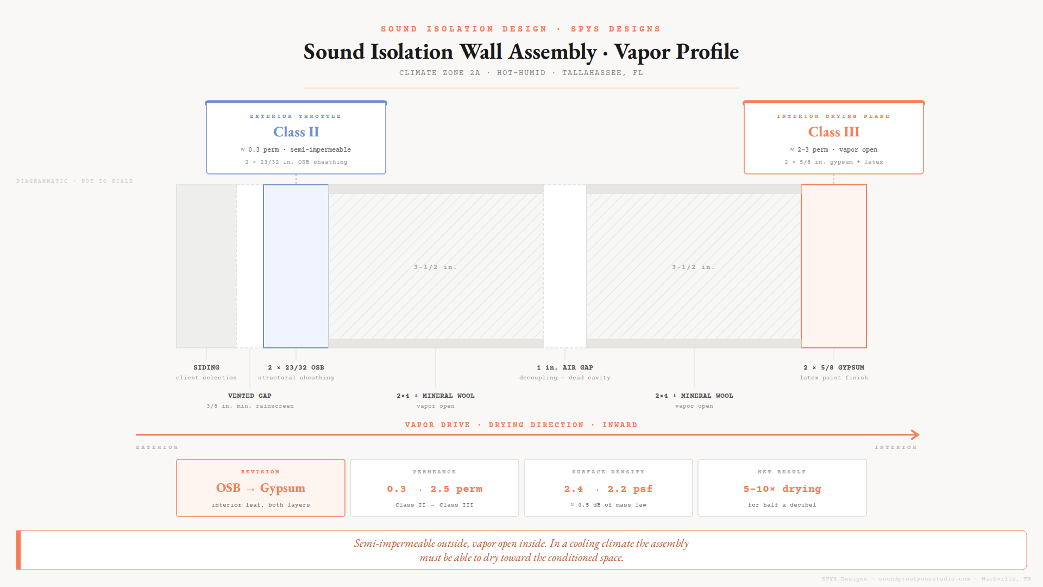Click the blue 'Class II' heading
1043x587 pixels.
[296, 132]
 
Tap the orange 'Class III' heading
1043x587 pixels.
[834, 132]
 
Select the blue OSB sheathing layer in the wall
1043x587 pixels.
[296, 266]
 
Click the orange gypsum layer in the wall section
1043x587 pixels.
[834, 266]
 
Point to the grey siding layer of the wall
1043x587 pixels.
[206, 266]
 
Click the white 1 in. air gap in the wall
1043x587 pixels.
[565, 266]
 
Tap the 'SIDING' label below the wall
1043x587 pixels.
[206, 368]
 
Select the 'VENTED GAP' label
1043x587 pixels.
[250, 396]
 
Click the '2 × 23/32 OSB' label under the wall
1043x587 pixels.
[296, 368]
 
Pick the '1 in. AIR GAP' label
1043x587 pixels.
[565, 368]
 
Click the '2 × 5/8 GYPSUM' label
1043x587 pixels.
[834, 368]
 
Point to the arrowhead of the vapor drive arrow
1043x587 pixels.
[916, 435]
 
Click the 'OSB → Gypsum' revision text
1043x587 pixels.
[261, 488]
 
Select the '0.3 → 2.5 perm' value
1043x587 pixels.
[435, 489]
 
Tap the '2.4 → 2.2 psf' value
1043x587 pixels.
[608, 489]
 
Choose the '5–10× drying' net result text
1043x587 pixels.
[782, 489]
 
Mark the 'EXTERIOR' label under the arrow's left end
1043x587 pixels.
[157, 447]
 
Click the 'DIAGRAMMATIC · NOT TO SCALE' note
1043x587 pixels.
[74, 181]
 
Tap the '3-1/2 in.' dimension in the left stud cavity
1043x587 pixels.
[436, 267]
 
